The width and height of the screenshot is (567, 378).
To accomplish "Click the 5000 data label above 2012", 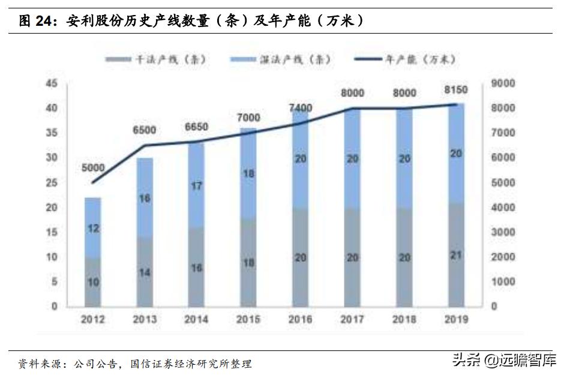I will [92, 169].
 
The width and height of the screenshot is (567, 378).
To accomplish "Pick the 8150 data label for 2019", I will [457, 90].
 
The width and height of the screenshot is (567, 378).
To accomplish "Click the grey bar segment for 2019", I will [457, 254].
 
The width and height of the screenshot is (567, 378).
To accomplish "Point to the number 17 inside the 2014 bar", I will [196, 186].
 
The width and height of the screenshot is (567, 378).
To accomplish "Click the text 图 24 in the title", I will [35, 21].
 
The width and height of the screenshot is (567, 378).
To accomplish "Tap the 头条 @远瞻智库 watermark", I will [504, 361].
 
